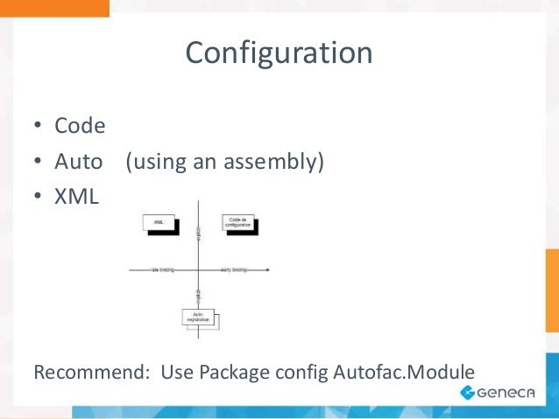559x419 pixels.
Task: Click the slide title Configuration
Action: point(279,53)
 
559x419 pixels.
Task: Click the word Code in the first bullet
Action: point(80,126)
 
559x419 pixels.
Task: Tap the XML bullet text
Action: point(77,197)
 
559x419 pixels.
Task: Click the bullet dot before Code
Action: point(38,128)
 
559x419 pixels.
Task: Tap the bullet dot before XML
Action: point(38,198)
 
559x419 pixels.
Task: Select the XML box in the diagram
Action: point(159,223)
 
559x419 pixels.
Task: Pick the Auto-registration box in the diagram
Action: point(198,318)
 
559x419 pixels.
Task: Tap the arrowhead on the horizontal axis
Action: point(266,270)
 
